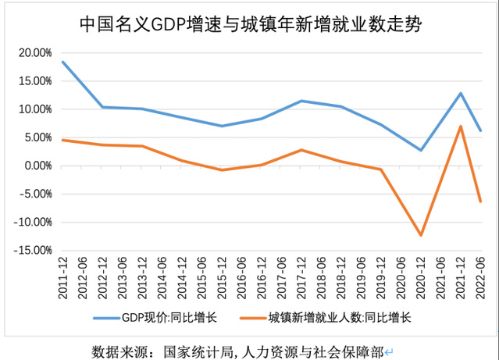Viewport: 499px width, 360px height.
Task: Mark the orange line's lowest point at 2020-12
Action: [x=421, y=235]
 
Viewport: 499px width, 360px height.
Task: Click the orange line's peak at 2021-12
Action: [x=461, y=127]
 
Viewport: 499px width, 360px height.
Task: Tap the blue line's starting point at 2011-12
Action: [x=63, y=62]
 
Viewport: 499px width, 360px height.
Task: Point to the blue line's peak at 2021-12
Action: [x=461, y=93]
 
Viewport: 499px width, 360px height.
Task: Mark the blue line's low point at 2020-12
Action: [x=421, y=150]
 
